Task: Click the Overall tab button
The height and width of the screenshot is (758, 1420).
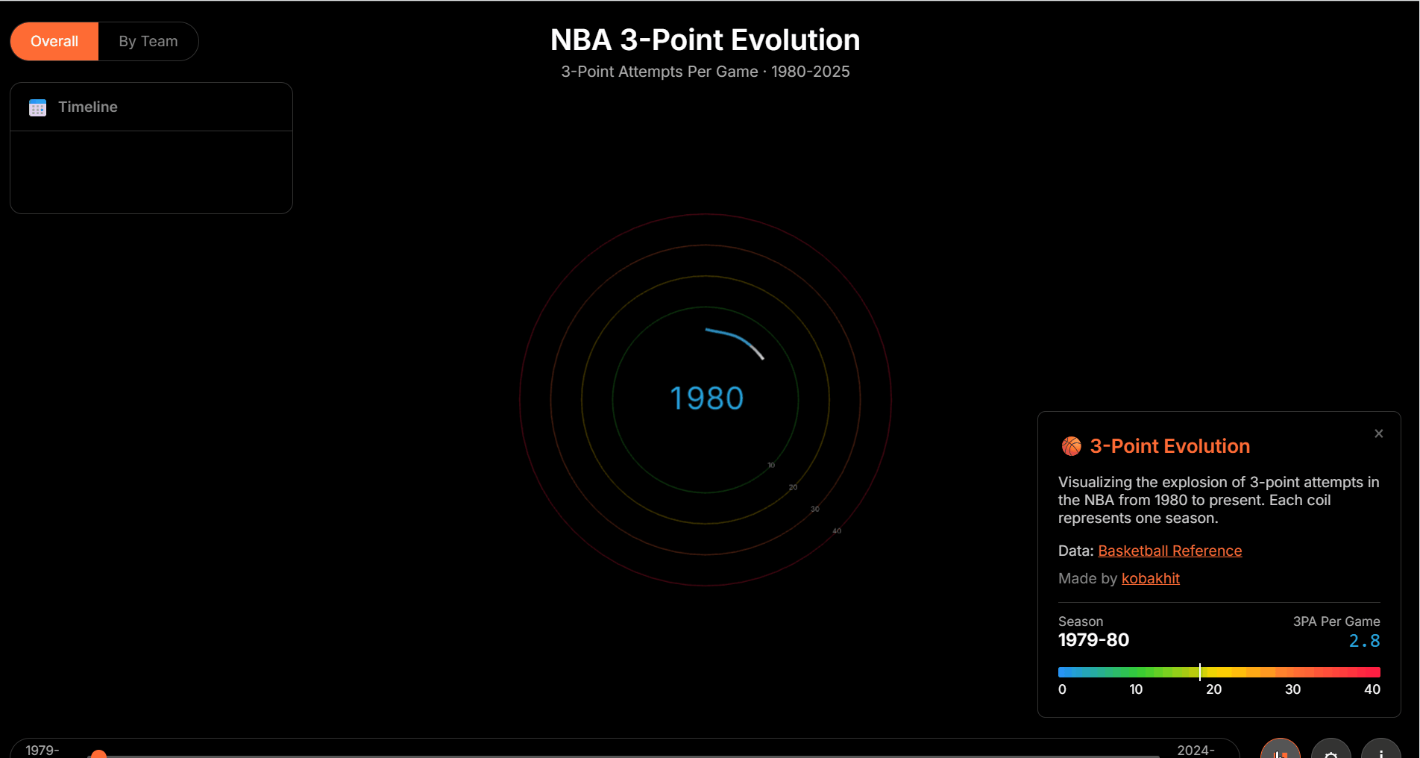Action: click(54, 41)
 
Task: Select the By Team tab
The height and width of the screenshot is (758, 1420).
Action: click(148, 41)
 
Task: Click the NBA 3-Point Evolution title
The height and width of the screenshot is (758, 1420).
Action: click(705, 40)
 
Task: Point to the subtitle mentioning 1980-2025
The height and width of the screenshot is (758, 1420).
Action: click(705, 72)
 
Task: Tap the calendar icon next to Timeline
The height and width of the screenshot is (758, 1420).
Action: click(37, 107)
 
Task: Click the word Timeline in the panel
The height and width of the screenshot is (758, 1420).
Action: click(88, 107)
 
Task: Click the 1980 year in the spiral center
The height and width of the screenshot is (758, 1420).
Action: click(706, 398)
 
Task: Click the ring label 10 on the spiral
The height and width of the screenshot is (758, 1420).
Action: click(771, 465)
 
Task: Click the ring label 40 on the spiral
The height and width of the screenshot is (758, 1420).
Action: click(837, 531)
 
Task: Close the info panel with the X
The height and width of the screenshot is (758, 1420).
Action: click(1378, 433)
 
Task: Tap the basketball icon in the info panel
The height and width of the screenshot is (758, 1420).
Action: click(1071, 446)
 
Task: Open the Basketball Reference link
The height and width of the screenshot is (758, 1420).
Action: click(1169, 551)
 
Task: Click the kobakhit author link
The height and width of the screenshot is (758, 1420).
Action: click(1150, 578)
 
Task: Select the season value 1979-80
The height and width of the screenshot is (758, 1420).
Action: click(1093, 640)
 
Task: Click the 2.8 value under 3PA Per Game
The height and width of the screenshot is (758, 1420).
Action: click(1364, 641)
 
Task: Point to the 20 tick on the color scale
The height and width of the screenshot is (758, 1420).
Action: click(1213, 689)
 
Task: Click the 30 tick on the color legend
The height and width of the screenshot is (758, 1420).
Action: click(1292, 689)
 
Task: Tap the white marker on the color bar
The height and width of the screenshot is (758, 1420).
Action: click(1199, 671)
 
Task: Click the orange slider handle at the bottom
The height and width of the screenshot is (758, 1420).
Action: click(98, 754)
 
